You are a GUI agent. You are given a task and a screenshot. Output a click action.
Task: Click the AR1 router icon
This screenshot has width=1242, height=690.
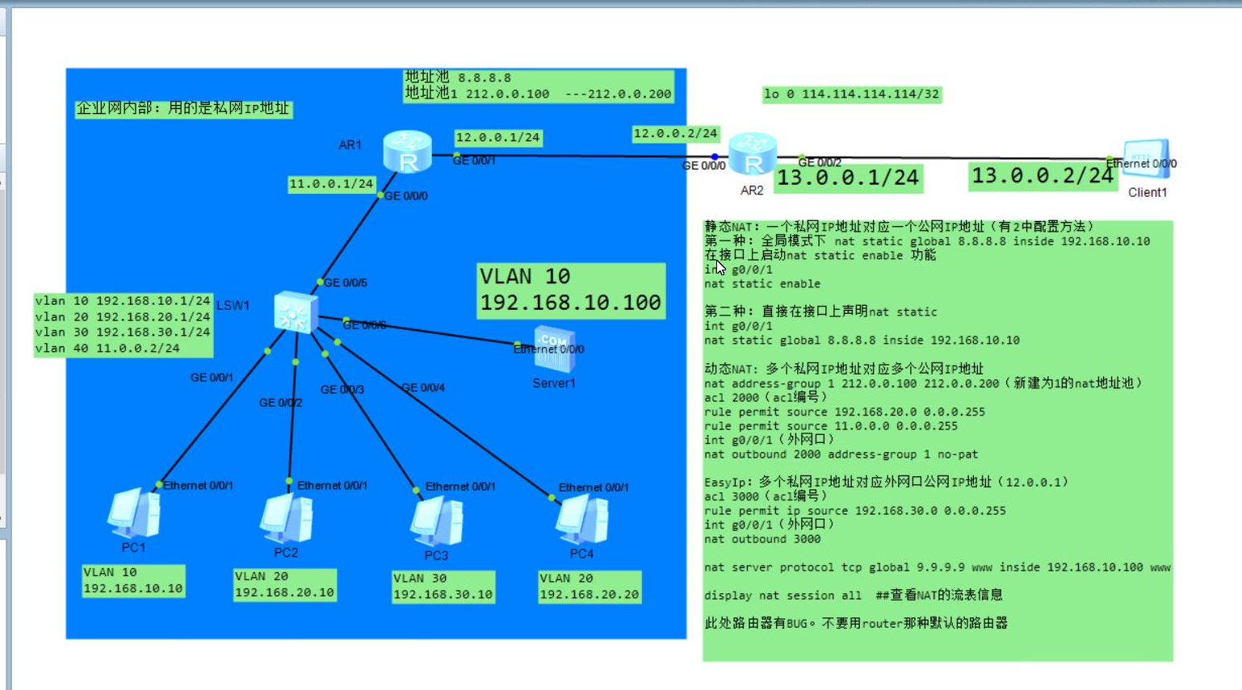407,152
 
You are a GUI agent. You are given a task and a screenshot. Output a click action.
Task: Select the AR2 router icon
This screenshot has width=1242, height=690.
752,155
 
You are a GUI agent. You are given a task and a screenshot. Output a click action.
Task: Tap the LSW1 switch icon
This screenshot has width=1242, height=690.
295,312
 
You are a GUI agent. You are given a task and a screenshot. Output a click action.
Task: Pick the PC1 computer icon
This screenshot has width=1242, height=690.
134,514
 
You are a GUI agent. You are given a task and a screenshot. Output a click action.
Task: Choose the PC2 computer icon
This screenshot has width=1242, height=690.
287,519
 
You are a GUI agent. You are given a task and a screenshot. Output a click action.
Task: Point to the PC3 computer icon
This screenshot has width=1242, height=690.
437,522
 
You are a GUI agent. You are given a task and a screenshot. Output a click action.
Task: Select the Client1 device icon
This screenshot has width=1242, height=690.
1147,161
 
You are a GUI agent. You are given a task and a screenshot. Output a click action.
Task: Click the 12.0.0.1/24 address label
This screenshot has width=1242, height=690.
497,137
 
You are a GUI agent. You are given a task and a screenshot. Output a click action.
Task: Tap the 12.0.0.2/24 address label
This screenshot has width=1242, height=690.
675,133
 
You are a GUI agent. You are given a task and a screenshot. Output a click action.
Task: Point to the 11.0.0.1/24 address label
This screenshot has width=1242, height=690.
331,184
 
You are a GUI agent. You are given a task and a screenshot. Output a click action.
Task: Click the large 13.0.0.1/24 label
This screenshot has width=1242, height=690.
848,178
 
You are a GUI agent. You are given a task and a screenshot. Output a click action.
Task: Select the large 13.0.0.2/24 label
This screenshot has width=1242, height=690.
1043,176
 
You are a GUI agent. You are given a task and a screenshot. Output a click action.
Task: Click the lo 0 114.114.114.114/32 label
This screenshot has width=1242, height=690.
851,94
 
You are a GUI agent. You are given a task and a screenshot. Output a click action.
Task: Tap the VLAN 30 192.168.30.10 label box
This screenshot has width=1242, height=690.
443,587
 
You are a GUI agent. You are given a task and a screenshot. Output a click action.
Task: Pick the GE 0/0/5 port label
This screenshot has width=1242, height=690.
346,282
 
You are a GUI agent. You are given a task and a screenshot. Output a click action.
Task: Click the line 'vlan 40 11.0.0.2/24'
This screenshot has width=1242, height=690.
107,348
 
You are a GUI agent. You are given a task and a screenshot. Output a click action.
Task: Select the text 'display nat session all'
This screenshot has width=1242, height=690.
783,596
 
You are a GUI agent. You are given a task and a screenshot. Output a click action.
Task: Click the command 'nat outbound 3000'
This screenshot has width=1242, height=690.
762,539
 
